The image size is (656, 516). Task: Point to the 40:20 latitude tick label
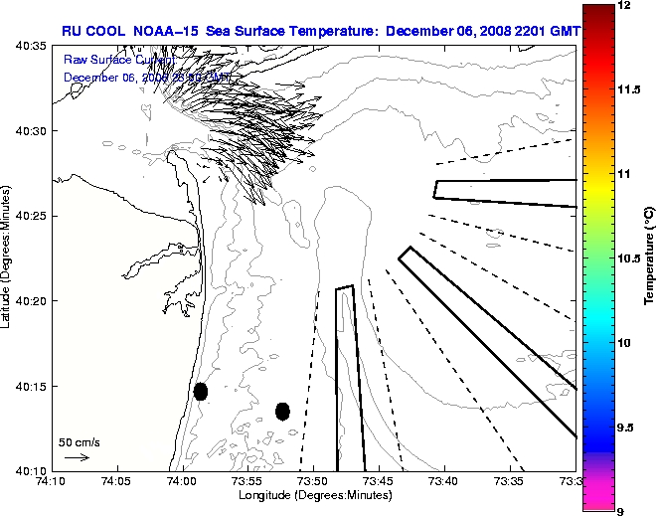click(32, 301)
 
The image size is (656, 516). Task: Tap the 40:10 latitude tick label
click(32, 470)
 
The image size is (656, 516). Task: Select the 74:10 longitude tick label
click(51, 482)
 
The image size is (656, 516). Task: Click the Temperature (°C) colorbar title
click(647, 258)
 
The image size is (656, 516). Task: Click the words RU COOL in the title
click(93, 30)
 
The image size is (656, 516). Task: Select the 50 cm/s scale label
click(79, 441)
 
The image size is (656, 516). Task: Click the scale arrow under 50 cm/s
click(77, 457)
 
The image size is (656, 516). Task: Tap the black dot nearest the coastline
click(201, 391)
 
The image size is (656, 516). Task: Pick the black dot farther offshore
click(282, 411)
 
